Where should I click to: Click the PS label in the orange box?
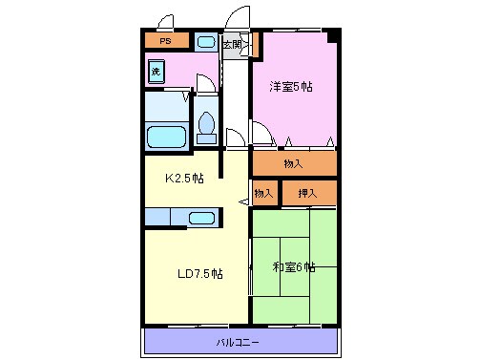[x=166, y=42]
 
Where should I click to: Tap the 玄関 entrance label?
[x=232, y=44]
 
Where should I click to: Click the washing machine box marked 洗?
[x=157, y=72]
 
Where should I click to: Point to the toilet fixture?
[x=206, y=125]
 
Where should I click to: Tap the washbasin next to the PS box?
[x=205, y=42]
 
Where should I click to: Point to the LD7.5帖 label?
[x=200, y=273]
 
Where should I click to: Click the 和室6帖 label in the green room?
[x=295, y=266]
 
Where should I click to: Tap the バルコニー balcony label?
[x=238, y=341]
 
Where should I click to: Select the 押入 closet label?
[x=308, y=194]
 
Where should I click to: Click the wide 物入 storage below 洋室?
[x=294, y=163]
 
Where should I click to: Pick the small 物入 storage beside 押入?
[x=263, y=194]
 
